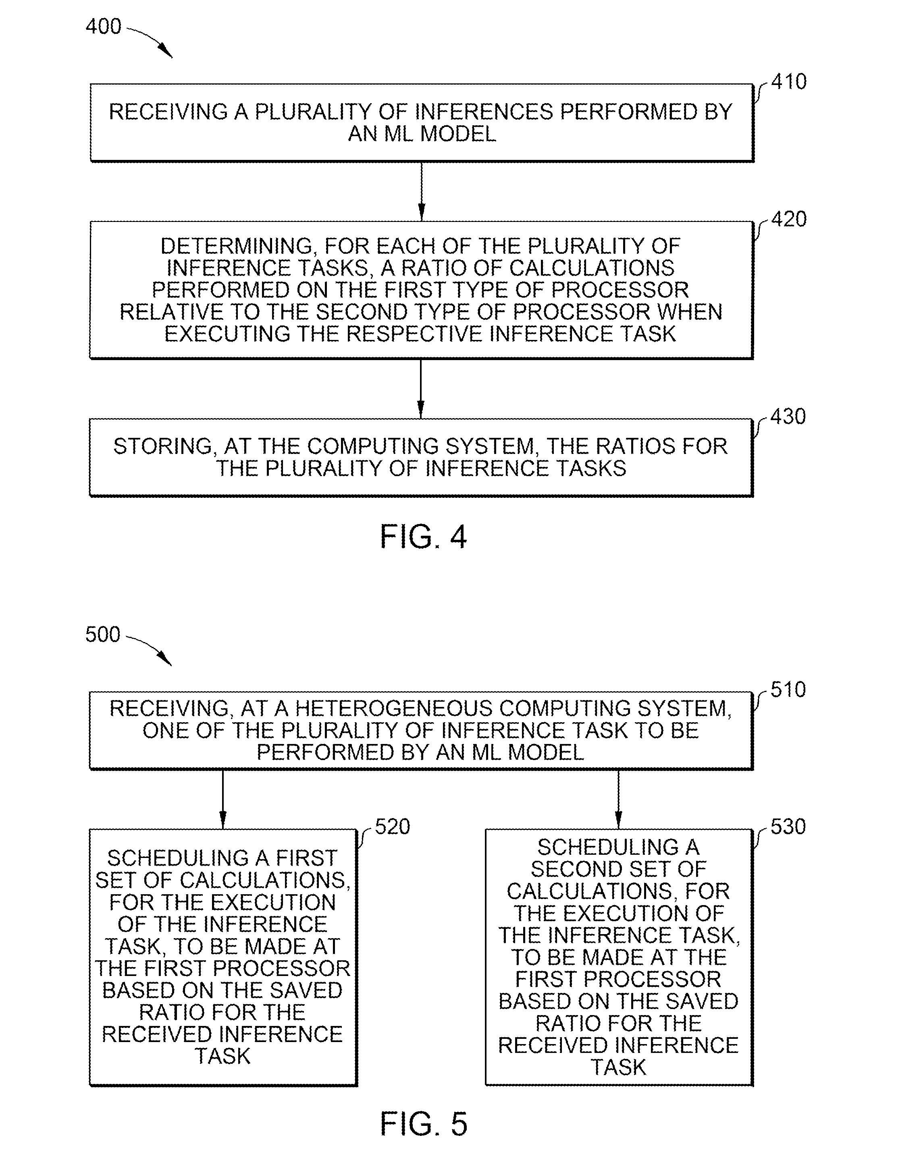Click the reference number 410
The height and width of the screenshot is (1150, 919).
click(x=789, y=82)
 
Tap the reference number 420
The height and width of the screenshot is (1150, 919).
click(x=789, y=219)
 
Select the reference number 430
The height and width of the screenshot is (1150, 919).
click(x=788, y=416)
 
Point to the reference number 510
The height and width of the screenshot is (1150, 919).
click(x=788, y=690)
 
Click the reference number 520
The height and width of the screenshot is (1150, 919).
click(x=392, y=827)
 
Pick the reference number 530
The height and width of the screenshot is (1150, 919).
click(x=788, y=827)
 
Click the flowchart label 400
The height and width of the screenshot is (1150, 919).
click(x=104, y=26)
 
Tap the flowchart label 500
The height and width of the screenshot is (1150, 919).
click(x=103, y=634)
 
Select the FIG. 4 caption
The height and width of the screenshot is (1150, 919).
click(x=423, y=536)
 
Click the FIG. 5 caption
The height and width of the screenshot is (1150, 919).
click(x=424, y=1124)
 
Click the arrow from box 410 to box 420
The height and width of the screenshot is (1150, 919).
click(x=422, y=191)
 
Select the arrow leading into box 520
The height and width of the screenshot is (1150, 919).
click(x=222, y=799)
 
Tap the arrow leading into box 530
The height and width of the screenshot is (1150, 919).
click(x=619, y=799)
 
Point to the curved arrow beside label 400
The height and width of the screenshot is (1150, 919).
click(x=150, y=41)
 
